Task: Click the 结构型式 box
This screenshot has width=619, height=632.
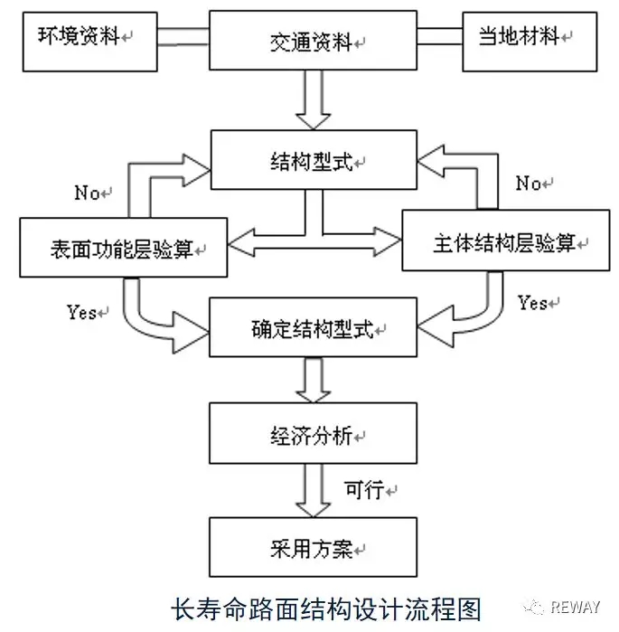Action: (x=314, y=160)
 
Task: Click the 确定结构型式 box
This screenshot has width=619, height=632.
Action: (x=314, y=328)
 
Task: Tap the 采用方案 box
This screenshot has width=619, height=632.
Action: (x=314, y=548)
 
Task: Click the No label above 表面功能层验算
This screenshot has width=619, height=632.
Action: (x=89, y=193)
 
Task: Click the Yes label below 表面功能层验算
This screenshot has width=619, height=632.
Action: (x=82, y=313)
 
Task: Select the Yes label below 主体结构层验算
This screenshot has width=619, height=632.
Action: (x=534, y=303)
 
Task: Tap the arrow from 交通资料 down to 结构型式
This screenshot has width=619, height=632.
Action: (x=314, y=101)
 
